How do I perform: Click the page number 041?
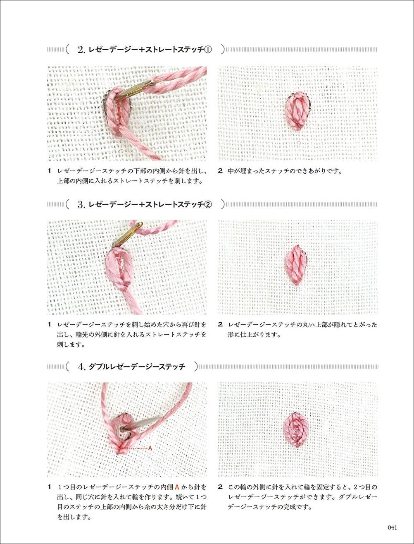pyautogui.click(x=392, y=527)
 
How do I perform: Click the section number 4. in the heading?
pyautogui.click(x=81, y=367)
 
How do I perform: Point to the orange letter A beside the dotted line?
pyautogui.click(x=150, y=448)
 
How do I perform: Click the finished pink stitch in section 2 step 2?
pyautogui.click(x=297, y=111)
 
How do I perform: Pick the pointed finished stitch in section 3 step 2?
pyautogui.click(x=296, y=265)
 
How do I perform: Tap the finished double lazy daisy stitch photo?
pyautogui.click(x=297, y=429)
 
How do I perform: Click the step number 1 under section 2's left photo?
pyautogui.click(x=49, y=170)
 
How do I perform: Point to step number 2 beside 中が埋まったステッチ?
pyautogui.click(x=220, y=170)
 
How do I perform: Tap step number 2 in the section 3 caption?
pyautogui.click(x=220, y=325)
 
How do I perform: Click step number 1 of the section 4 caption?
pyautogui.click(x=49, y=487)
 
